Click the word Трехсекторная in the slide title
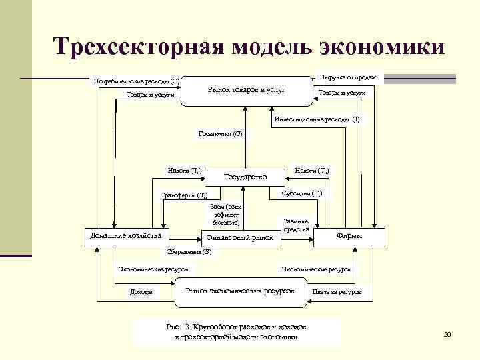pyautogui.click(x=138, y=47)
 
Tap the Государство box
pyautogui.click(x=245, y=177)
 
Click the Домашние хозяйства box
pyautogui.click(x=125, y=235)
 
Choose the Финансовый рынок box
pyautogui.click(x=241, y=237)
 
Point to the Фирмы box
pyautogui.click(x=350, y=235)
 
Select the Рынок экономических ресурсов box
pyautogui.click(x=240, y=291)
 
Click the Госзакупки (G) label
pyautogui.click(x=221, y=134)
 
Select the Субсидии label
pyautogui.click(x=300, y=193)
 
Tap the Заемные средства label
pyautogui.click(x=296, y=225)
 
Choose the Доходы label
pyautogui.click(x=141, y=292)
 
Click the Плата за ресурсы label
pyautogui.click(x=337, y=292)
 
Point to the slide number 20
pyautogui.click(x=447, y=334)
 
